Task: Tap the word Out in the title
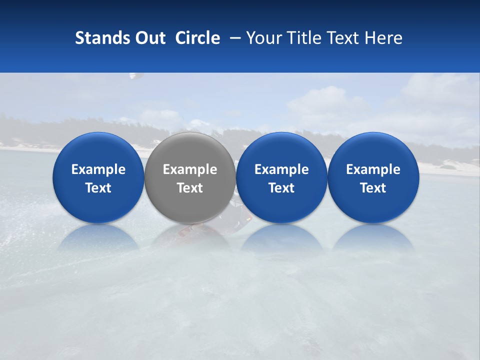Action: click(149, 38)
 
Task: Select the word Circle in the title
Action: click(197, 38)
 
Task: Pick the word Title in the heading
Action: click(306, 38)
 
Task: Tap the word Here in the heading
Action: click(383, 38)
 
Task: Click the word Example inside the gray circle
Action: click(190, 169)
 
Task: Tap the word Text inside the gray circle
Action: click(190, 188)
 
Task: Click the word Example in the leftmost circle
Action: click(98, 169)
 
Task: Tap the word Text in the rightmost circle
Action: click(373, 188)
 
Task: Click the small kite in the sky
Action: click(135, 76)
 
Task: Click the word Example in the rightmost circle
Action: click(373, 169)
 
